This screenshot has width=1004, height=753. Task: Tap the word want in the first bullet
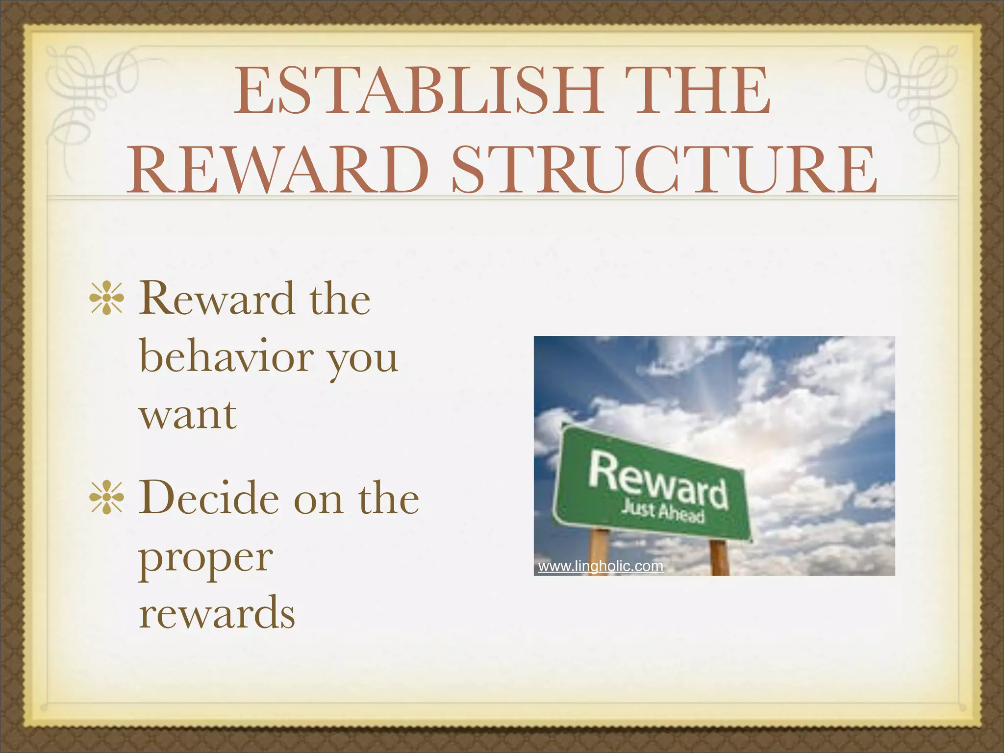[x=188, y=414]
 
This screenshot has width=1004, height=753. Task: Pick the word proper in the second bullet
[x=205, y=559]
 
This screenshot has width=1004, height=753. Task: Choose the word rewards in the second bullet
[x=217, y=613]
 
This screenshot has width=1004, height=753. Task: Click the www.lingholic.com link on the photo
[x=600, y=566]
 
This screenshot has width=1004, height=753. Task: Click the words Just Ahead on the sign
[x=662, y=511]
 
